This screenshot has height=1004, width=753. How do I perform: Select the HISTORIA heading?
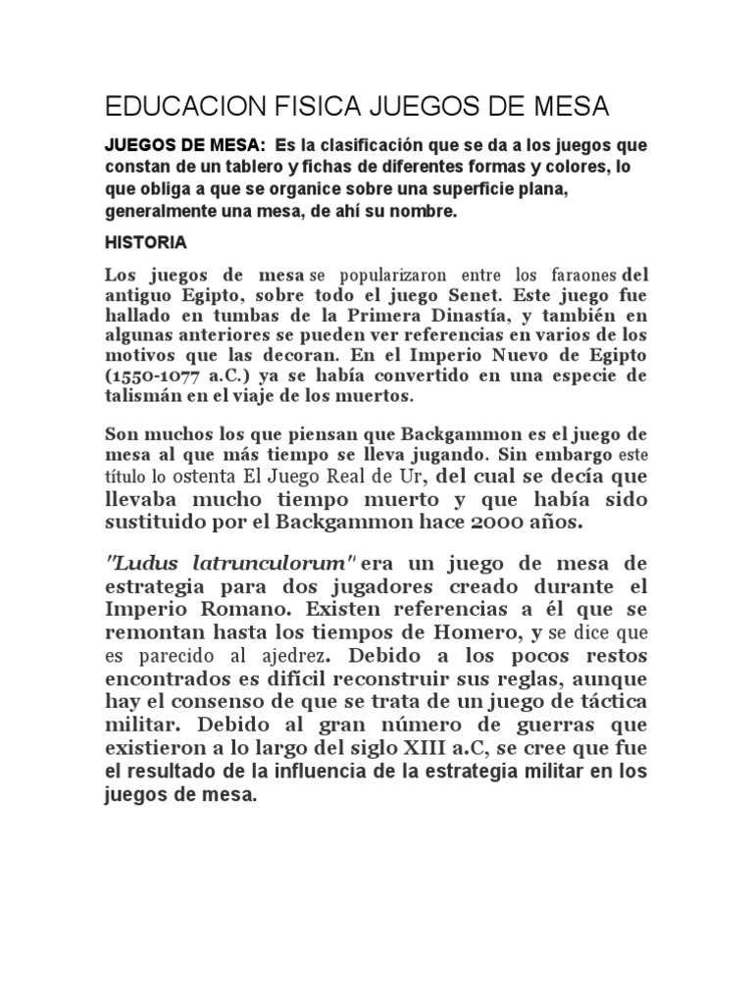click(x=145, y=240)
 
